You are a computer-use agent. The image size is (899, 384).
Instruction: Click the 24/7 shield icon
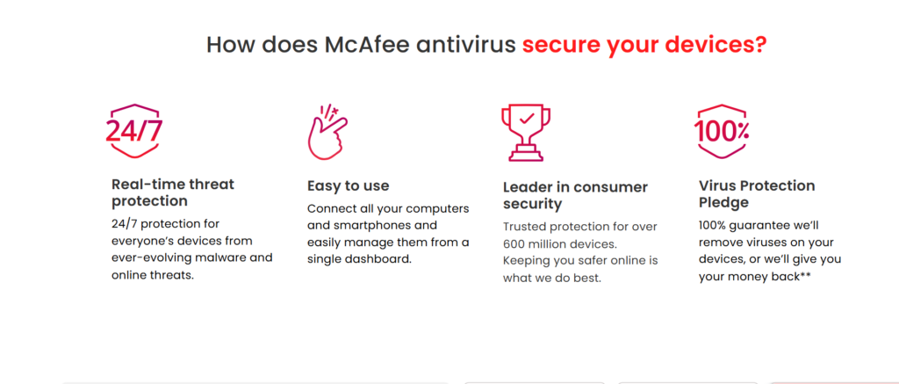click(x=134, y=131)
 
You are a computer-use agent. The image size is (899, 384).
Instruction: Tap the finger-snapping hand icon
click(x=327, y=132)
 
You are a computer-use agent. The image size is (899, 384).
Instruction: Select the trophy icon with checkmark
click(x=526, y=132)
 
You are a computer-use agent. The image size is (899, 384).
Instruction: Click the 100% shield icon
click(x=722, y=132)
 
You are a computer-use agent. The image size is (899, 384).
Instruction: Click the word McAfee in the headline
click(x=367, y=45)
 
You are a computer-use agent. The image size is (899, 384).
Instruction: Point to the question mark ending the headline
click(x=761, y=45)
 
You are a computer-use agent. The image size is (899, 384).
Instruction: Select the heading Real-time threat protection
click(x=173, y=192)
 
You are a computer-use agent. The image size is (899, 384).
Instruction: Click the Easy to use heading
click(x=348, y=186)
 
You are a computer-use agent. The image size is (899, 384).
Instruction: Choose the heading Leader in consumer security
click(x=576, y=195)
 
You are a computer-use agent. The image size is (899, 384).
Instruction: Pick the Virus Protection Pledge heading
click(x=757, y=194)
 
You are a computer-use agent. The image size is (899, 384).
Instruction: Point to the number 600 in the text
click(x=513, y=244)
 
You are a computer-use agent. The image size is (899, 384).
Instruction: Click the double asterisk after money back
click(x=806, y=276)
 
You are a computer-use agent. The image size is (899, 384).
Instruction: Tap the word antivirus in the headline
click(x=466, y=45)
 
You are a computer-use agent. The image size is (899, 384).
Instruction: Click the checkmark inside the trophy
click(x=527, y=119)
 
